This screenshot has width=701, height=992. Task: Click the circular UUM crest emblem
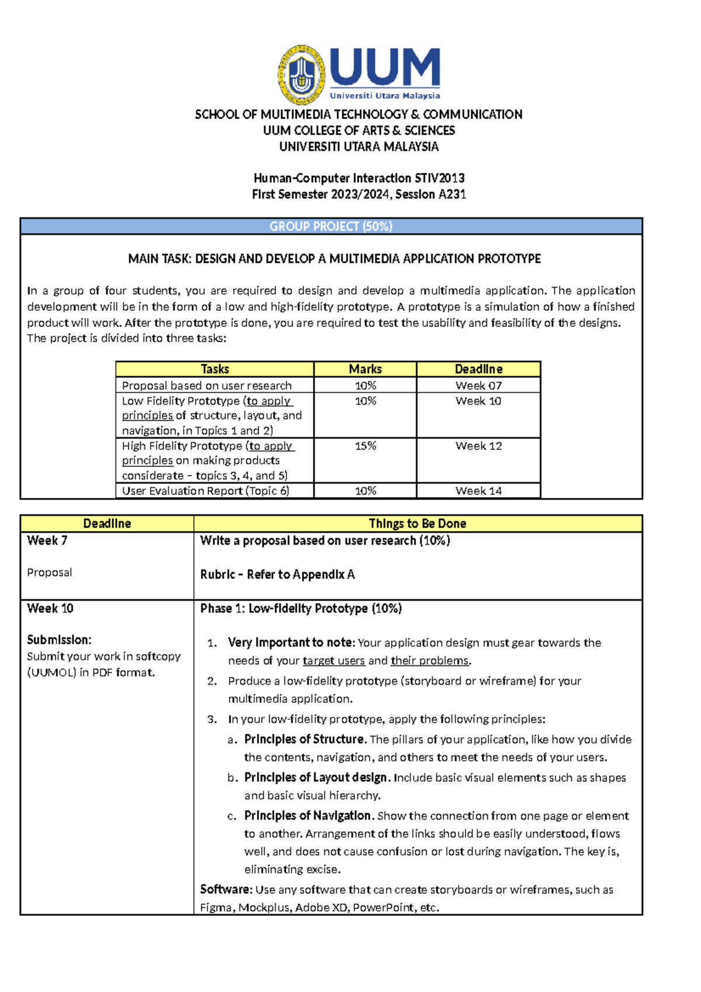point(301,75)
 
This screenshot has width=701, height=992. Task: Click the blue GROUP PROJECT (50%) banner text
point(331,227)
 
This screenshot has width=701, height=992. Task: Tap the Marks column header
point(365,369)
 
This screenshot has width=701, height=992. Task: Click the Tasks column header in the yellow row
point(214,369)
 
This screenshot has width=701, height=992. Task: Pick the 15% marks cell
point(365,446)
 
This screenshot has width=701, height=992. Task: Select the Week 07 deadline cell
point(478,386)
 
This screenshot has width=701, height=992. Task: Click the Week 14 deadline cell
point(478,491)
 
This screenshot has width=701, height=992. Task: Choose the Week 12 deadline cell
point(478,446)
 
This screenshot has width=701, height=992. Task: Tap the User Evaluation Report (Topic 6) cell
point(205,491)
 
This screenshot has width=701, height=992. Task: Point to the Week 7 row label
point(47,541)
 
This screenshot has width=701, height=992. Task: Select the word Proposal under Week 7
point(49,573)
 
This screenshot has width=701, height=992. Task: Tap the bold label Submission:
point(59,640)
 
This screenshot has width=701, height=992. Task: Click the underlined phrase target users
point(334,661)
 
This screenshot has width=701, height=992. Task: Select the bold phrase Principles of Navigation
point(307,816)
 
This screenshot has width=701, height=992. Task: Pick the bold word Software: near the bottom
point(226,890)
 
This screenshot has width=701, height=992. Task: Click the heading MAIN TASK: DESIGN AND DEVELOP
point(334,259)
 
